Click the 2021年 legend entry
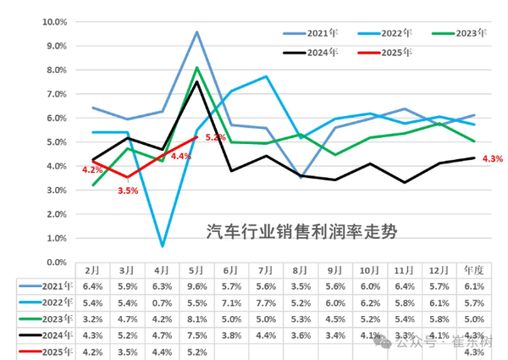click(320, 34)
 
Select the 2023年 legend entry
click(471, 34)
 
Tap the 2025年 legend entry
click(396, 53)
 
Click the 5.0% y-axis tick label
click(58, 141)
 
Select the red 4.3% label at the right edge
click(492, 158)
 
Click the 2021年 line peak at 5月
click(196, 32)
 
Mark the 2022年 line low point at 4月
click(162, 246)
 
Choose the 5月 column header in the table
click(196, 269)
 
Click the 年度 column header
click(475, 269)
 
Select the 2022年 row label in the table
click(52, 303)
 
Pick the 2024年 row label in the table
click(52, 335)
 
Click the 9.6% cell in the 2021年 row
click(196, 287)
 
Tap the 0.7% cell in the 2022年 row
click(162, 303)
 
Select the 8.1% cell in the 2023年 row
click(196, 319)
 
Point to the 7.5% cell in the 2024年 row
click(196, 335)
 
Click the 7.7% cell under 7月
click(266, 303)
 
